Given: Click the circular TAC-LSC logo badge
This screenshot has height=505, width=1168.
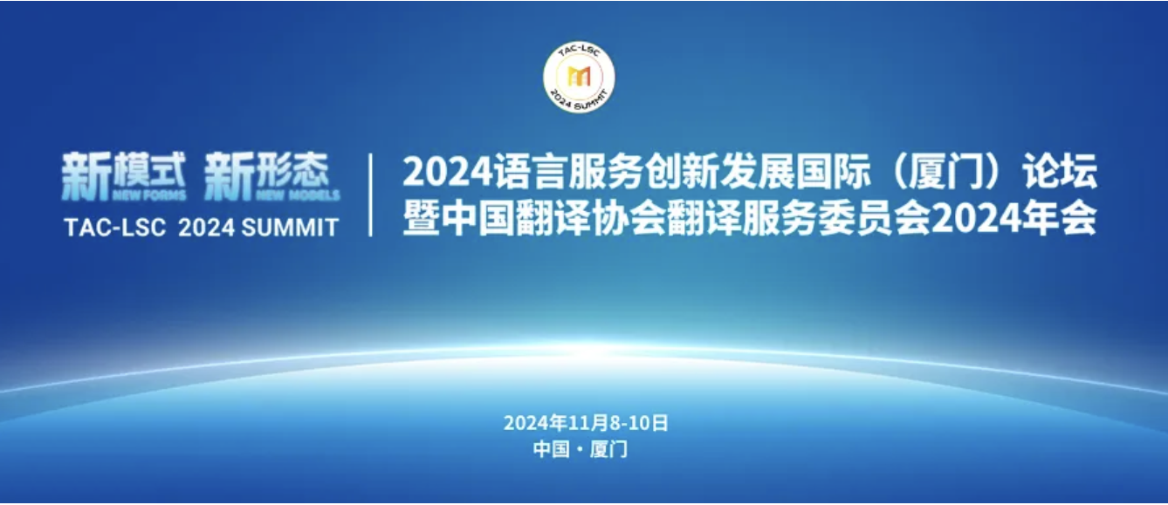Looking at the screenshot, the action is tap(579, 77).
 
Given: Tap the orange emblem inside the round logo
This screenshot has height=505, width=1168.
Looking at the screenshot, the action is tap(579, 77).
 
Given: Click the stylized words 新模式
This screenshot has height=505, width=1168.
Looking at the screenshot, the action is tap(124, 174).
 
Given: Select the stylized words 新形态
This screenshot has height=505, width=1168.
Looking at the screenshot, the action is tap(267, 174).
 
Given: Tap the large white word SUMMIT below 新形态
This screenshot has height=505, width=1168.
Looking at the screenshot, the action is tap(291, 228).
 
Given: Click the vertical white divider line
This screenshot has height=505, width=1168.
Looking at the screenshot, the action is tap(370, 194).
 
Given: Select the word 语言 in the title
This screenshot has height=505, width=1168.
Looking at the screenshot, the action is tap(530, 172).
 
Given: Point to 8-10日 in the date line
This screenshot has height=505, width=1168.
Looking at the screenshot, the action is tap(639, 423).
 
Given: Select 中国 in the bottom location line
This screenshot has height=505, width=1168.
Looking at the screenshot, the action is tap(551, 448).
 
